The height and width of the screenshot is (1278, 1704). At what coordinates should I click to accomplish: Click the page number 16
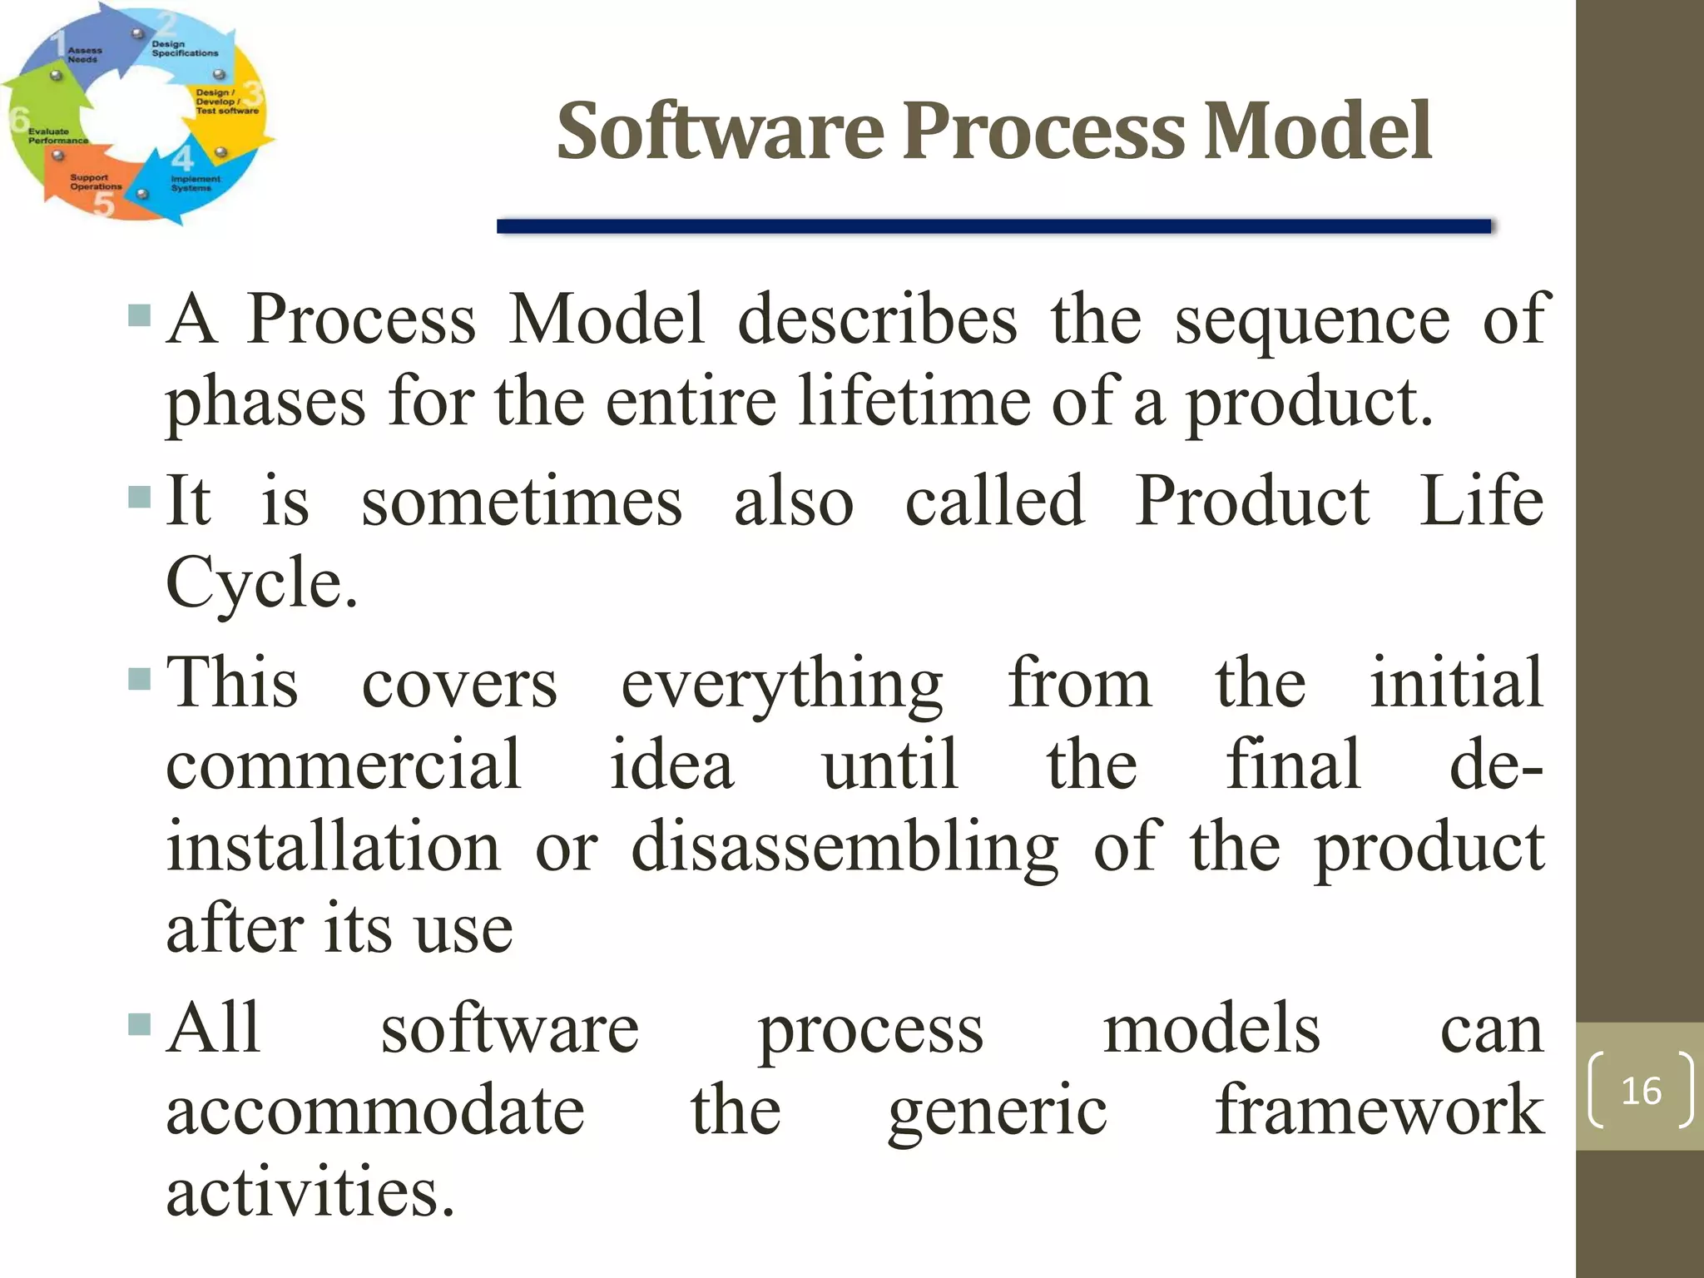click(1640, 1091)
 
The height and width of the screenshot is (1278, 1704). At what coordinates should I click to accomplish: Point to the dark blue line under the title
click(993, 226)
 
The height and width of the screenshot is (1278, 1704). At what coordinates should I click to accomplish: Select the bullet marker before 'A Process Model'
click(140, 315)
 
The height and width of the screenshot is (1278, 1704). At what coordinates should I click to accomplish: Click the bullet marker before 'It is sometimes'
click(140, 498)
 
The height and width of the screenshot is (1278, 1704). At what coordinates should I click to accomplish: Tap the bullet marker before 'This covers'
click(140, 680)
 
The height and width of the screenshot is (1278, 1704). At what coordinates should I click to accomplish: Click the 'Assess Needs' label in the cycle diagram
click(84, 55)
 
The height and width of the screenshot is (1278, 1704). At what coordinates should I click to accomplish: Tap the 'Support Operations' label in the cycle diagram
click(95, 182)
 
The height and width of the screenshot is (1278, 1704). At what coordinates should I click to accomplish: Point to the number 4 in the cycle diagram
click(182, 157)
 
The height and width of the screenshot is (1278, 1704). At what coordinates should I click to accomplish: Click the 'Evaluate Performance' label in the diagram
click(57, 136)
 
